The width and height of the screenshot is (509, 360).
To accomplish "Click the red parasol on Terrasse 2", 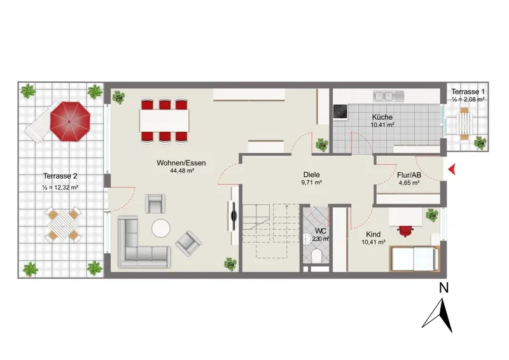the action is click(x=70, y=121).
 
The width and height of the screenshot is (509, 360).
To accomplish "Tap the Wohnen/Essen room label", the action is click(x=181, y=163).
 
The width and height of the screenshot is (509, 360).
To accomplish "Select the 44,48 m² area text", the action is click(x=182, y=170).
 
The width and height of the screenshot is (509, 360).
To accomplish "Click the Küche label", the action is click(x=382, y=117).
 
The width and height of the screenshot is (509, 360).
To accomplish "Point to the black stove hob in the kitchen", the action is click(x=340, y=111).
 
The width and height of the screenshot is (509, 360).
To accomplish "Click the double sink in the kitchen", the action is click(x=389, y=96).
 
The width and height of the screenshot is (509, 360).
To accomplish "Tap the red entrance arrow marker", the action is click(x=452, y=169).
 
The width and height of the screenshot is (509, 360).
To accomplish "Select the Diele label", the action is click(x=312, y=175).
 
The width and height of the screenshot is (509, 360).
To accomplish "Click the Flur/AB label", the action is click(x=409, y=176).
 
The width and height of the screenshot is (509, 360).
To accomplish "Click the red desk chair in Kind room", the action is click(x=405, y=231).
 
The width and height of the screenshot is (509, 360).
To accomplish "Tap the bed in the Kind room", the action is click(x=415, y=258).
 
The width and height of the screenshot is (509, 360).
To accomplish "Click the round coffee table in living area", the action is click(x=161, y=228).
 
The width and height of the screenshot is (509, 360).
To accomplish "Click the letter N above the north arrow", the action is click(x=443, y=288).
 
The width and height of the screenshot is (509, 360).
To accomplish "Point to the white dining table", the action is click(x=164, y=120).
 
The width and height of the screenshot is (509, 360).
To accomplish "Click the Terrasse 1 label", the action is click(x=468, y=92).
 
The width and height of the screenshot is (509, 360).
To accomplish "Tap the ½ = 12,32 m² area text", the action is click(x=60, y=187).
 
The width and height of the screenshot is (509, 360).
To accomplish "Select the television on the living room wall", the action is click(x=233, y=216).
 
